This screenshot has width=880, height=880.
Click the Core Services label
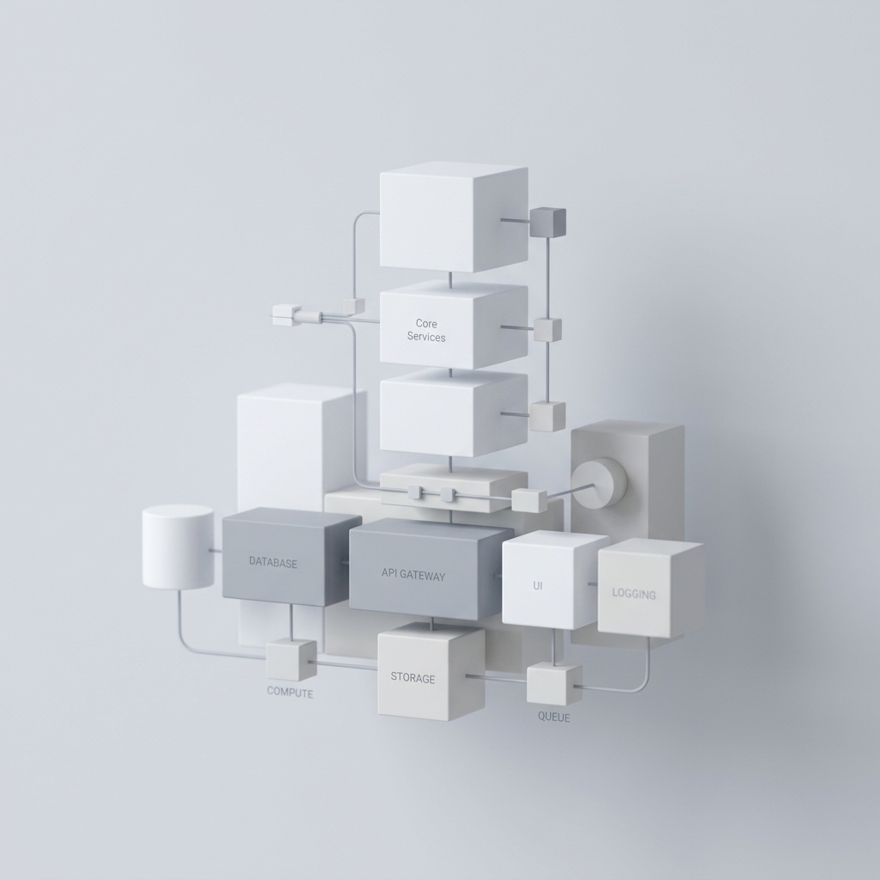pyautogui.click(x=426, y=330)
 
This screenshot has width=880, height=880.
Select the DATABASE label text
pyautogui.click(x=273, y=562)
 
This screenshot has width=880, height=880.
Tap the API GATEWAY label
pyautogui.click(x=413, y=574)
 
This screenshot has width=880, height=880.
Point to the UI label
pyautogui.click(x=538, y=586)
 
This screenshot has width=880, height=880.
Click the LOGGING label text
pyautogui.click(x=633, y=594)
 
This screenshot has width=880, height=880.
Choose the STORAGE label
pyautogui.click(x=412, y=678)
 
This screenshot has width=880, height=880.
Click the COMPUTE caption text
pyautogui.click(x=290, y=693)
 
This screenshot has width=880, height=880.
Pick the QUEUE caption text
pyautogui.click(x=554, y=717)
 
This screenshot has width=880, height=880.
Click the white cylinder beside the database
pyautogui.click(x=178, y=547)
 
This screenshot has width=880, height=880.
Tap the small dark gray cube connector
pyautogui.click(x=547, y=222)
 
